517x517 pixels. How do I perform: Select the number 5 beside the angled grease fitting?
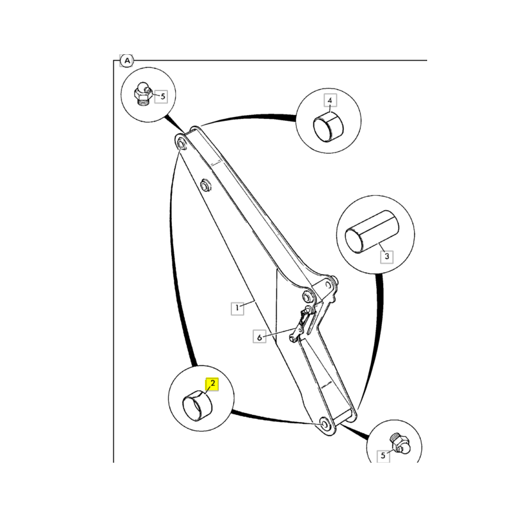pyautogui.click(x=162, y=97)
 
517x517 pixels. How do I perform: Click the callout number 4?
pyautogui.click(x=330, y=101)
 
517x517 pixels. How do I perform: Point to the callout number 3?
pyautogui.click(x=386, y=257)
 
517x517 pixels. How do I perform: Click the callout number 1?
pyautogui.click(x=238, y=308)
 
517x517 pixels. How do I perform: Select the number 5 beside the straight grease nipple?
pyautogui.click(x=383, y=456)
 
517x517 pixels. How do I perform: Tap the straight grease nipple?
pyautogui.click(x=399, y=443)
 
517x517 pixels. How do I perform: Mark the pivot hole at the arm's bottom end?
pyautogui.click(x=322, y=424)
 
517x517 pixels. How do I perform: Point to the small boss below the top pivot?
pyautogui.click(x=206, y=185)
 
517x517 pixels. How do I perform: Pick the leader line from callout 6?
pyautogui.click(x=278, y=333)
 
